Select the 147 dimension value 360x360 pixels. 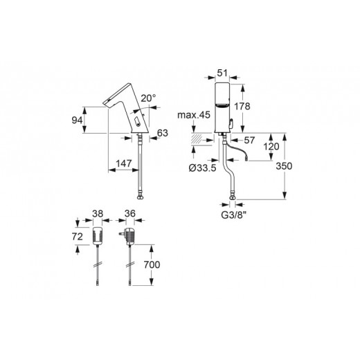123,163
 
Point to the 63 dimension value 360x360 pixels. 163,133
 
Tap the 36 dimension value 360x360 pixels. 129,215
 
